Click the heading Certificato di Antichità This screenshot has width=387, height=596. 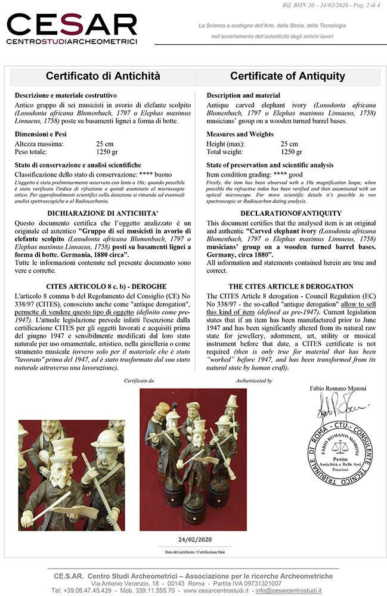[x=104, y=76]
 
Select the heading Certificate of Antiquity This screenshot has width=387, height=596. [x=287, y=76]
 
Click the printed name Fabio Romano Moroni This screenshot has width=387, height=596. [x=338, y=389]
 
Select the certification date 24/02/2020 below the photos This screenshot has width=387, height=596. [x=194, y=539]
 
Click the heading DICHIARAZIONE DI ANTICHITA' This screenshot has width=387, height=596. [x=104, y=213]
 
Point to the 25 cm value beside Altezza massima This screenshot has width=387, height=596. [x=105, y=144]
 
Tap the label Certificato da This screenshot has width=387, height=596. [x=138, y=380]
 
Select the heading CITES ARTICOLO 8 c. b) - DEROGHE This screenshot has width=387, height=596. [x=104, y=286]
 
